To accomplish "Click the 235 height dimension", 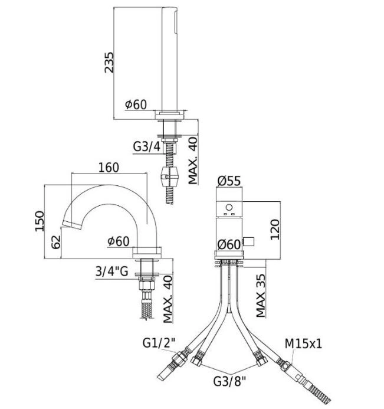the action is (x=109, y=63).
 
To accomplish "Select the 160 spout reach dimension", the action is (x=109, y=168).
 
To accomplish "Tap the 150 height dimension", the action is (x=40, y=221).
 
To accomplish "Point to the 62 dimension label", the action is (x=56, y=242).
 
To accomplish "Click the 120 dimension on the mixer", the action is (x=275, y=230).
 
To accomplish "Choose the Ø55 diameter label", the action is (x=229, y=181).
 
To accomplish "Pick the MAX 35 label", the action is (x=261, y=296).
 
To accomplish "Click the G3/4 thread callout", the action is (x=147, y=147).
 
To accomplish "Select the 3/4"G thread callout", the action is (x=112, y=271).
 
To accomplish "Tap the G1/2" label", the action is (x=159, y=343).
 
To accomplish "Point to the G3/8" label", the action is (x=229, y=382).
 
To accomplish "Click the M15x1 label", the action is (x=303, y=343).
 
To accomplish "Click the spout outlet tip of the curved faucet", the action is (x=72, y=225).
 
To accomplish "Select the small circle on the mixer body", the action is (x=229, y=208).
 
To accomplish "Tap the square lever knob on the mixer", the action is (x=248, y=241).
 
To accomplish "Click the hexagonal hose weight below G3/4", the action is (x=170, y=177).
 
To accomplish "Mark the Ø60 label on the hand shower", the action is (x=136, y=104).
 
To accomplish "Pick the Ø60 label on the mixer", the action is (x=229, y=245).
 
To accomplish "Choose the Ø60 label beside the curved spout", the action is (x=119, y=241).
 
